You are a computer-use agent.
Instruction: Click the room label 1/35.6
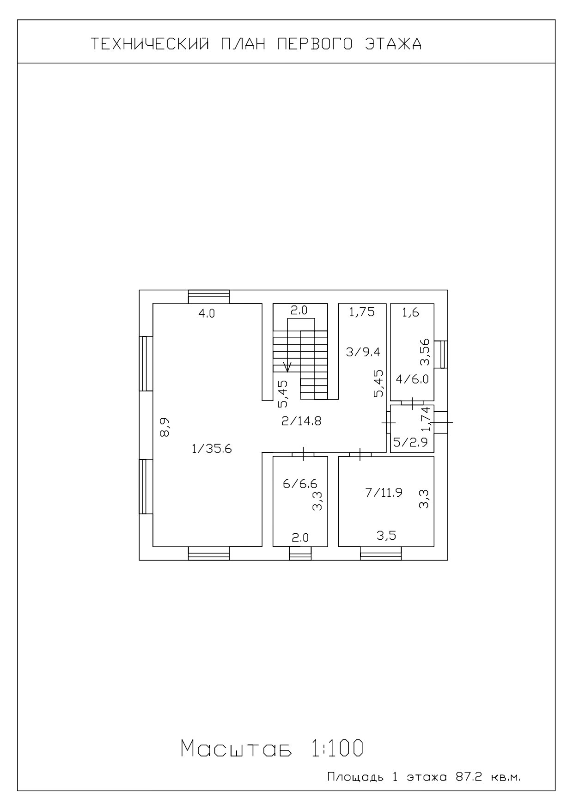pos(211,448)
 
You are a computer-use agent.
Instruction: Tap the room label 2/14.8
pos(301,421)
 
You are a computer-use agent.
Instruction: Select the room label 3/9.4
pos(363,352)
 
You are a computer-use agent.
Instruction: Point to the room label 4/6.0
pos(412,379)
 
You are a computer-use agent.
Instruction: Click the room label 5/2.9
pos(410,443)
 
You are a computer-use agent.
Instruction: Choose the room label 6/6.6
pos(300,484)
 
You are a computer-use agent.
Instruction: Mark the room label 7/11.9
pos(384,493)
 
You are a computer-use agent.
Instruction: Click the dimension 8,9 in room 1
pos(165,427)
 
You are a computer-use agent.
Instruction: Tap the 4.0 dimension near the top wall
pos(207,313)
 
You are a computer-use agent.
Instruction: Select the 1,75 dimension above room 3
pos(361,312)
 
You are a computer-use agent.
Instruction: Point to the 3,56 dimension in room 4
pos(425,352)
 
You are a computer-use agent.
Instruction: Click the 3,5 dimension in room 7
pos(386,536)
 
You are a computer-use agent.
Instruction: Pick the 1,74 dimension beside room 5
pos(426,419)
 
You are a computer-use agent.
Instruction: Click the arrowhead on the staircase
pos(287,368)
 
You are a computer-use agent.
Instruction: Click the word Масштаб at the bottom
pos(236,749)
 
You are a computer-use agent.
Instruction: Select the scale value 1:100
pos(335,749)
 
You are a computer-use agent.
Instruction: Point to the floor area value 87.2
pos(469,777)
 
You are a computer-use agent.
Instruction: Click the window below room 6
pos(300,553)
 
